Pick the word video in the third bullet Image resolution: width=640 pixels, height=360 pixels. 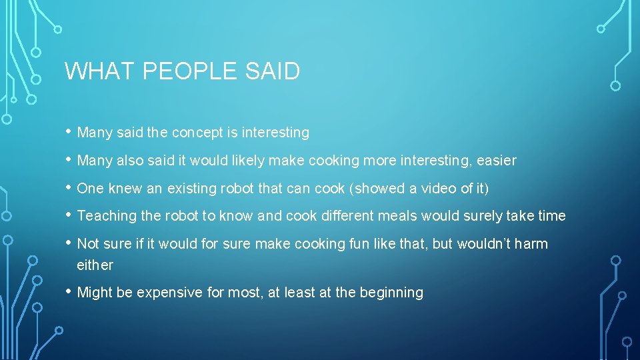tap(438, 189)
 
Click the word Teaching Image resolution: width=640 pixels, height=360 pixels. tap(105, 216)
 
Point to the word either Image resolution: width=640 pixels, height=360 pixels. tap(95, 265)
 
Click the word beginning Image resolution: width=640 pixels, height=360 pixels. tap(391, 293)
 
